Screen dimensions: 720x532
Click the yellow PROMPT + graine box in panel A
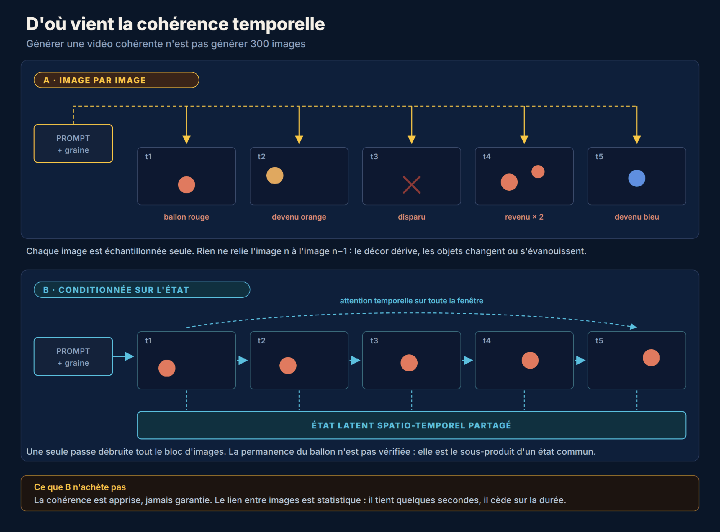73,144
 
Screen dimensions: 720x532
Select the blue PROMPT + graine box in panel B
73,357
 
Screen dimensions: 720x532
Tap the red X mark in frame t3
411,185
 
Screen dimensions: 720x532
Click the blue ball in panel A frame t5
637,178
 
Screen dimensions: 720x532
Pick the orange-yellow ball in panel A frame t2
275,175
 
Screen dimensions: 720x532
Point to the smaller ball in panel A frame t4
538,172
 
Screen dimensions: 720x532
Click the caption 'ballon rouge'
186,217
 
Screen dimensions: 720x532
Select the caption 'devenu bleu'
637,217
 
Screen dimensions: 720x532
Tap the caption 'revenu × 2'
524,217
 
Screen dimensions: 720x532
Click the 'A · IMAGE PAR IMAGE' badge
116,80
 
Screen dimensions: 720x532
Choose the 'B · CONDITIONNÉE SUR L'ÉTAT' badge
142,289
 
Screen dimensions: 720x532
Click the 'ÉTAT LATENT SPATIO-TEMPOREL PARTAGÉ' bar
411,425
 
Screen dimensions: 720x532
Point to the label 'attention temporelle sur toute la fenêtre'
411,301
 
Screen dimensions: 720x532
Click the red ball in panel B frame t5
651,357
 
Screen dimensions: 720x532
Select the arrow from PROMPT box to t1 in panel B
123,356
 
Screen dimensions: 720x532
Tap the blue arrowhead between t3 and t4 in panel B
468,360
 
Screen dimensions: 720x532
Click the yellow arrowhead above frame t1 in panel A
186,139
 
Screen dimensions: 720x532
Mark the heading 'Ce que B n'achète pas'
80,487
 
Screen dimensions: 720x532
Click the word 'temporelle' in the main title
279,24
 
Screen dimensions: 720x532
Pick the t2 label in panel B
261,341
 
